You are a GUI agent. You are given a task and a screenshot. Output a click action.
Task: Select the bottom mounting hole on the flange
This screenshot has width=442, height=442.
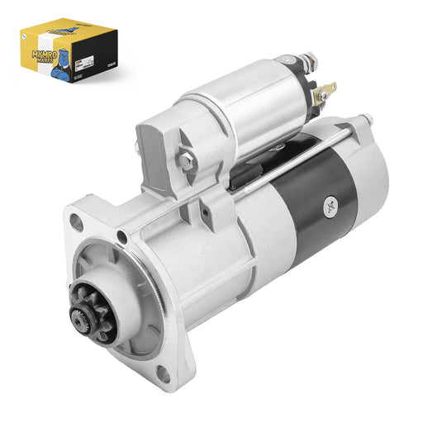pos(164,373)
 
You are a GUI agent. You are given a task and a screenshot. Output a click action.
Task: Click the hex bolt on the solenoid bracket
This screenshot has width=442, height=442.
pos(188,162)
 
